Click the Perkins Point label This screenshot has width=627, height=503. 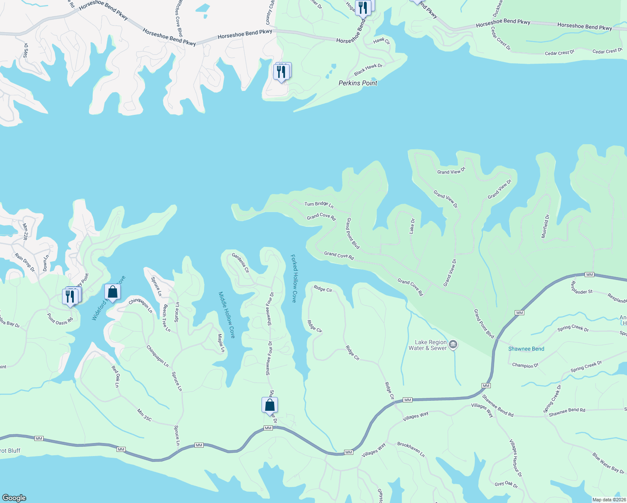(358, 83)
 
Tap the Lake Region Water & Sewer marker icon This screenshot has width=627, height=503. (453, 345)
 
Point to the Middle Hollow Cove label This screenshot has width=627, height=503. (227, 315)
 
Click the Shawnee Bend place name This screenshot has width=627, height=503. (526, 349)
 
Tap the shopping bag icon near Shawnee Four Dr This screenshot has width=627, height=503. (270, 405)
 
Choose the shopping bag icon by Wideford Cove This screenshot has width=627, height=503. (112, 291)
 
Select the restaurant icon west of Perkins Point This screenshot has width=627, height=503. (281, 72)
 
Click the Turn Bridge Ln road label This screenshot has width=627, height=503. (319, 204)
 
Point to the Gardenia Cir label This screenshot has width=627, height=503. (241, 263)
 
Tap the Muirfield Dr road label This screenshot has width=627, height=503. (545, 226)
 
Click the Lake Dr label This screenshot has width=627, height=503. (412, 226)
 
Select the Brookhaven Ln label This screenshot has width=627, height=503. (411, 449)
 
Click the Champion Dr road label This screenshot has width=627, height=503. (525, 366)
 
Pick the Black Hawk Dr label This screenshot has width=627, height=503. (368, 69)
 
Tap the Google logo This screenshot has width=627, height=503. (14, 498)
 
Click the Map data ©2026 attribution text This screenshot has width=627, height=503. (609, 500)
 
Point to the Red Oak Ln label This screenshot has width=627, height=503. (115, 376)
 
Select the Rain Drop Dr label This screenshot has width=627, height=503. (25, 262)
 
